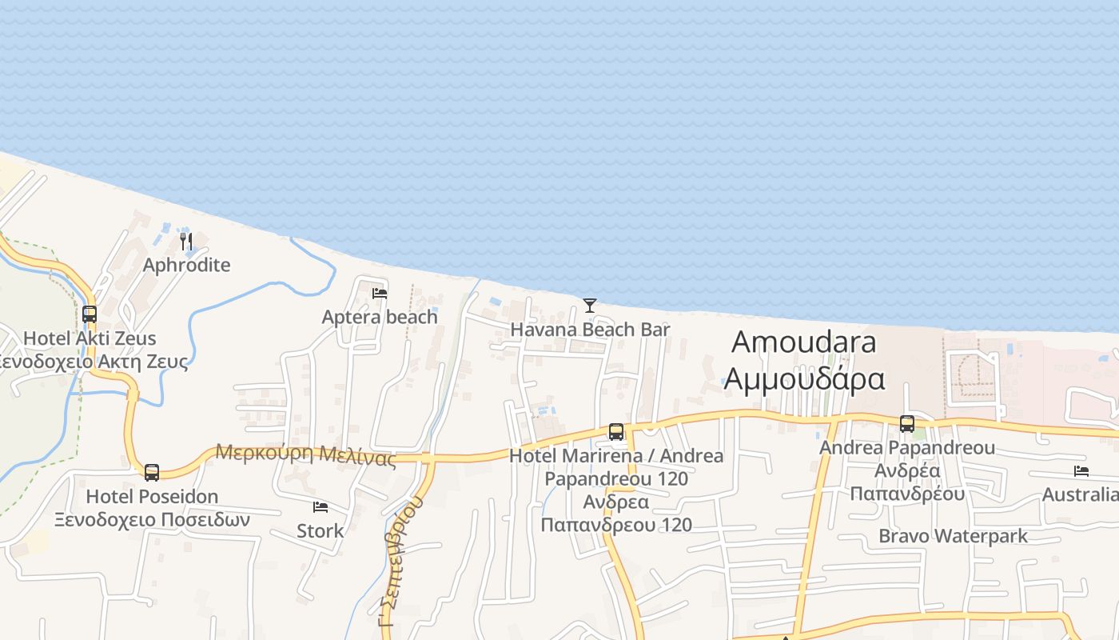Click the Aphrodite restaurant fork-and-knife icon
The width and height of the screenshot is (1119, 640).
tap(186, 241)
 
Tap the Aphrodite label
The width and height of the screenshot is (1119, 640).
tap(186, 265)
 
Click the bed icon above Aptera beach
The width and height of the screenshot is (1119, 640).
tap(380, 294)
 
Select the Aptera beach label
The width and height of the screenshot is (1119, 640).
tap(380, 317)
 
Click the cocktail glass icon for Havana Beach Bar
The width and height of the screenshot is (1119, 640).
tap(590, 305)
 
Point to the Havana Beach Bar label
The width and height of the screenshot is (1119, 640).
tap(590, 330)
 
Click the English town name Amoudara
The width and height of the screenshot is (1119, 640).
tap(804, 342)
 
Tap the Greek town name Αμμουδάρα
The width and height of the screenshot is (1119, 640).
tap(804, 378)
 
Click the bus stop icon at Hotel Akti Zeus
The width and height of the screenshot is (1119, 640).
tap(90, 314)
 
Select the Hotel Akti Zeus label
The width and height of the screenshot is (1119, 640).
tap(90, 338)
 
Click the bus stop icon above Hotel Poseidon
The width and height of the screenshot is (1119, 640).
tap(152, 472)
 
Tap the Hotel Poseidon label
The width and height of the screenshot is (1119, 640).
tap(152, 497)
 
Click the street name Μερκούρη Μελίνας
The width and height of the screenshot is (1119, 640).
tap(306, 454)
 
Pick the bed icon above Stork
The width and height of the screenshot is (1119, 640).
tap(321, 507)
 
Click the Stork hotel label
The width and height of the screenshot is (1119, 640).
tap(321, 530)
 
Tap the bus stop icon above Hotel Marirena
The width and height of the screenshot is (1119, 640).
tap(616, 432)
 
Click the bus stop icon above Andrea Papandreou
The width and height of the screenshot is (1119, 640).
tap(907, 424)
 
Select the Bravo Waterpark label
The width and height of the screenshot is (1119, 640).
tap(953, 536)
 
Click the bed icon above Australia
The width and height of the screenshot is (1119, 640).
tap(1081, 471)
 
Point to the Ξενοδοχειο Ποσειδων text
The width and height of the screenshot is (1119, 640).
tap(152, 520)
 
